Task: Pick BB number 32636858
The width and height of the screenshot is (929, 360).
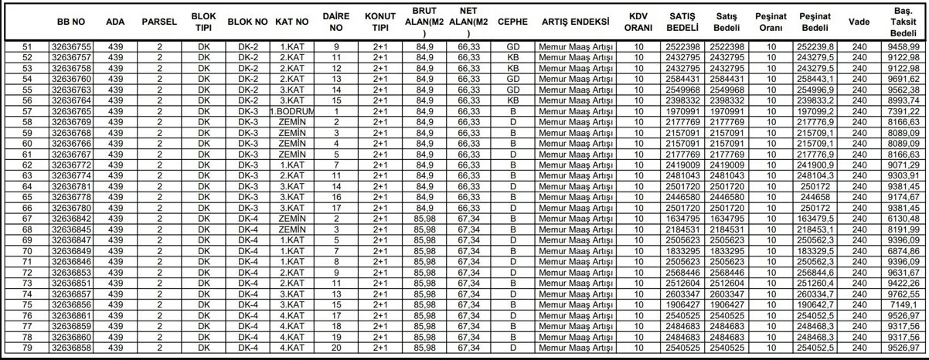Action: (x=71, y=352)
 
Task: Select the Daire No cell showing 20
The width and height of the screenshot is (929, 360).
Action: (x=336, y=352)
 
